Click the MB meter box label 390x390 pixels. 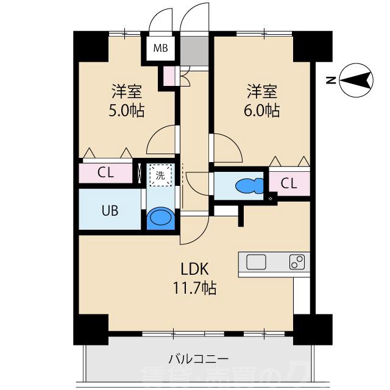tap(160, 48)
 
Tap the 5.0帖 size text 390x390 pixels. tap(127, 112)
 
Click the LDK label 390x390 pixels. tap(195, 269)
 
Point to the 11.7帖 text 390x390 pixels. tap(195, 286)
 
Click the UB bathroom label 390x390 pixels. tap(110, 211)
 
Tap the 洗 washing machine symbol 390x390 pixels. tap(161, 175)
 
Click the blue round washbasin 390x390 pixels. tap(161, 218)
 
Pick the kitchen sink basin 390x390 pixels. tap(257, 263)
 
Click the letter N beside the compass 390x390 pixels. tap(330, 80)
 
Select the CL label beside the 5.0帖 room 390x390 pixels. tap(106, 172)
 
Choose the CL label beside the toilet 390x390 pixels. tap(289, 183)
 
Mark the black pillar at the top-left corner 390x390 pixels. tap(90, 46)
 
